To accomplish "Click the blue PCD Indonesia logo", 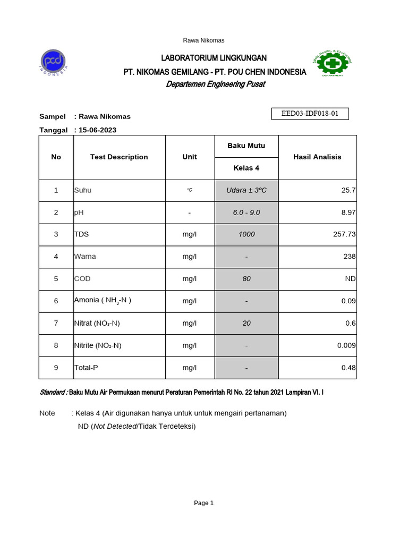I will (x=54, y=62).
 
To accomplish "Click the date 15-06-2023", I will (x=97, y=130).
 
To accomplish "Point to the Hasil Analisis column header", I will (x=317, y=157).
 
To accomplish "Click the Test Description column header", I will (x=119, y=157).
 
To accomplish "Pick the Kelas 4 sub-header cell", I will (x=246, y=168).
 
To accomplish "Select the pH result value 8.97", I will (x=348, y=212).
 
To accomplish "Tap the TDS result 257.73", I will (x=344, y=234).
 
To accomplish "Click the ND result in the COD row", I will (x=350, y=279).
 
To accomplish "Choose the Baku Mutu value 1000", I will (x=246, y=234).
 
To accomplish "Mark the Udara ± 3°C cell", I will (x=246, y=190).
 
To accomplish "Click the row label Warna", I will (x=84, y=257).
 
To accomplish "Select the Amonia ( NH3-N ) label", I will (x=102, y=301).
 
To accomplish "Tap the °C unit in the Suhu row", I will (x=189, y=190).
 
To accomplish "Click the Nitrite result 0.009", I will (x=346, y=345).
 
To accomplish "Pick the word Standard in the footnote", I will (x=53, y=392).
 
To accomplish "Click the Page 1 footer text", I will (x=203, y=503).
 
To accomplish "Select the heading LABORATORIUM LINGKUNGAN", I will (x=215, y=58).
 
